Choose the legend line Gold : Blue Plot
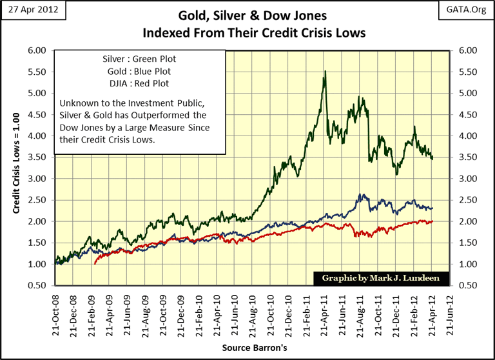click(140, 71)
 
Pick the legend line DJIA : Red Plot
click(140, 83)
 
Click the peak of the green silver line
click(325, 72)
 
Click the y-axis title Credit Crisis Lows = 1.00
click(17, 168)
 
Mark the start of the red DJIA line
click(95, 264)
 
